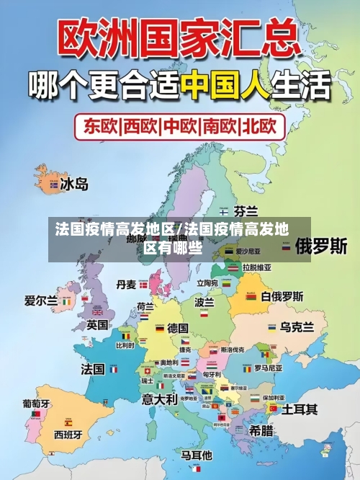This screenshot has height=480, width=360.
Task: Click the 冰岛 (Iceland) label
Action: point(73,185)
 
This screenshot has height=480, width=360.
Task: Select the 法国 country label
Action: point(93,368)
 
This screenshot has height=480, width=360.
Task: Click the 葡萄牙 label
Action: point(36,404)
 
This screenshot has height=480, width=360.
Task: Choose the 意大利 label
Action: point(159,398)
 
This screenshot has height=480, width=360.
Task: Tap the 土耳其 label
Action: point(300,409)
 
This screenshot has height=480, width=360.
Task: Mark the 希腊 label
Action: point(261,430)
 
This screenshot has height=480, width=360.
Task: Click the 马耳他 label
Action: point(196,455)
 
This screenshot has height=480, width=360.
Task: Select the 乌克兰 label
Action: point(297,326)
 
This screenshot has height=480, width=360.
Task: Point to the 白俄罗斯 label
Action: point(282,296)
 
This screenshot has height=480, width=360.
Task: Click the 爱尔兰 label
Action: point(41,301)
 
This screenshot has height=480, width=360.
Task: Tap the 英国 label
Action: point(97,325)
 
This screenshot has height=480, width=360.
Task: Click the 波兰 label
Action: point(204,303)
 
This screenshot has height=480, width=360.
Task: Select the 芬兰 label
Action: point(246,211)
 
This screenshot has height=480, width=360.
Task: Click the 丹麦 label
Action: point(127,284)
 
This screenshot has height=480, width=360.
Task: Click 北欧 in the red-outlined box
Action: point(258,127)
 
